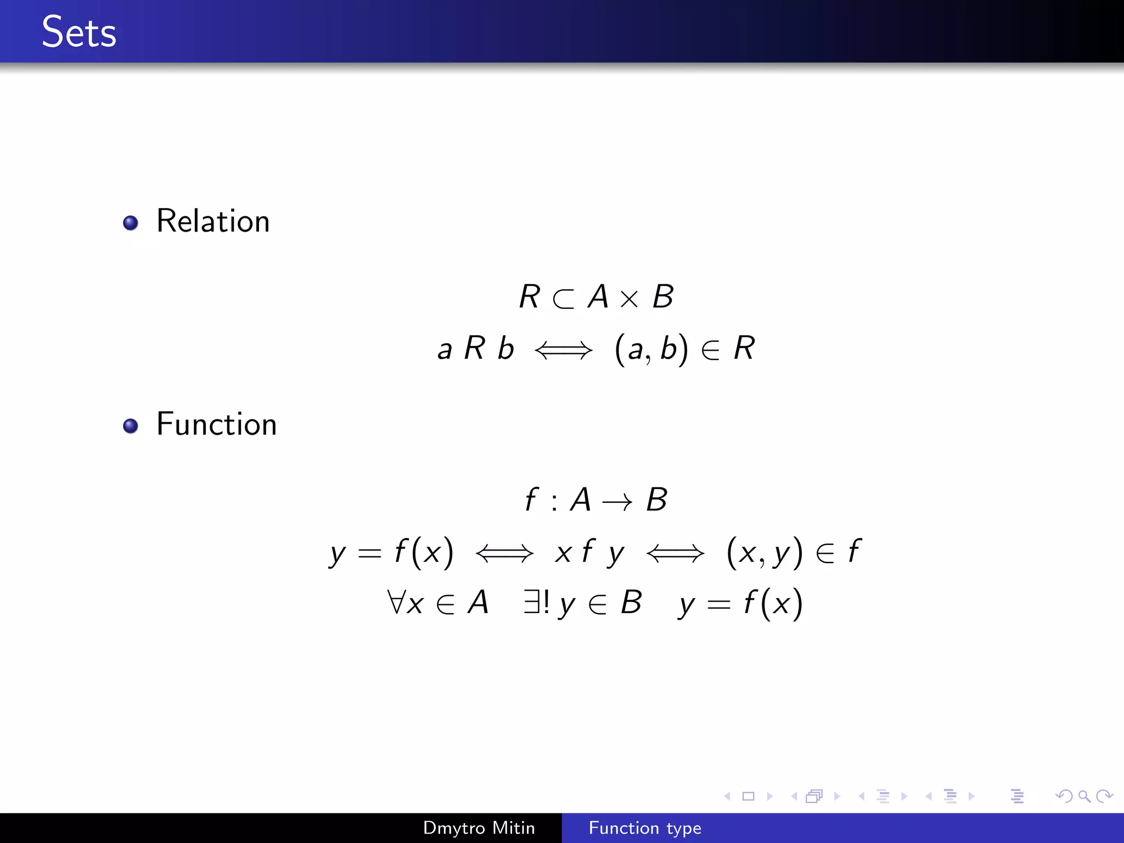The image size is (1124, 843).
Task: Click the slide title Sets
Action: coord(79,32)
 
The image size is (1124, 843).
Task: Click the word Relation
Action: coord(213,221)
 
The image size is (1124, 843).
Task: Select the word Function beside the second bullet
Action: coord(216,424)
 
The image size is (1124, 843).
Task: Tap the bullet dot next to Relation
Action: coord(131,223)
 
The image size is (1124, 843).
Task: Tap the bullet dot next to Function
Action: coord(131,426)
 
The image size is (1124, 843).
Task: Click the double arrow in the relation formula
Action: coord(564,350)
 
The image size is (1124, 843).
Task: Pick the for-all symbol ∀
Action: coord(396,602)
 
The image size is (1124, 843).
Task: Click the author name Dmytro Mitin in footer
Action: coord(479,828)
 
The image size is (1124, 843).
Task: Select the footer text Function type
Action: coord(645,828)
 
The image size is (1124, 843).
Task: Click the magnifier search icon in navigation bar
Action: coord(1084,796)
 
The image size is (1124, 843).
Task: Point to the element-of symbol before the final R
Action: coord(711,350)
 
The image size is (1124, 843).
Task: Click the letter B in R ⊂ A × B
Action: coord(663,297)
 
